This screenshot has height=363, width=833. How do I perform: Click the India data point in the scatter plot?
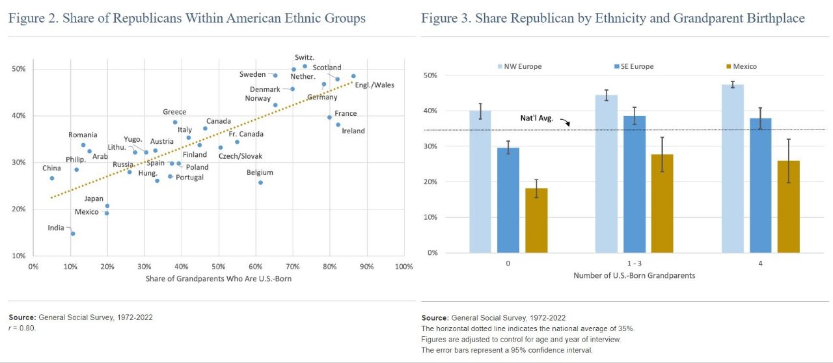pyautogui.click(x=73, y=234)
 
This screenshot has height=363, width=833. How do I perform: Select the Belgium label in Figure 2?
pyautogui.click(x=260, y=173)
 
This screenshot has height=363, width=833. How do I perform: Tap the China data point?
pyautogui.click(x=52, y=178)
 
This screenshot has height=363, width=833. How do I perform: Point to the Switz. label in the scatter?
pyautogui.click(x=305, y=58)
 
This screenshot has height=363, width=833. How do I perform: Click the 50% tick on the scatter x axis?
pyautogui.click(x=219, y=266)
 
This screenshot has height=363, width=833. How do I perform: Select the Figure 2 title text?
pyautogui.click(x=187, y=18)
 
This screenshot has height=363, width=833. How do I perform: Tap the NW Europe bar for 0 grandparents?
pyautogui.click(x=480, y=181)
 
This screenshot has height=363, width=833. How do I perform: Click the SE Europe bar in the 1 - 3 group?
pyautogui.click(x=635, y=184)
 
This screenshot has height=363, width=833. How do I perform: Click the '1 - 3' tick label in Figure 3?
pyautogui.click(x=635, y=263)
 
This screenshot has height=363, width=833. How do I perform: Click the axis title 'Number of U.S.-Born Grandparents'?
pyautogui.click(x=634, y=275)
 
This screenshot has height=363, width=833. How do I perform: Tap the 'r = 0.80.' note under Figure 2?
pyautogui.click(x=22, y=328)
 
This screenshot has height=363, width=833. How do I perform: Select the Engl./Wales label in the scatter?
pyautogui.click(x=375, y=85)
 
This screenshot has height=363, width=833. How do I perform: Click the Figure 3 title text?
pyautogui.click(x=612, y=18)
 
